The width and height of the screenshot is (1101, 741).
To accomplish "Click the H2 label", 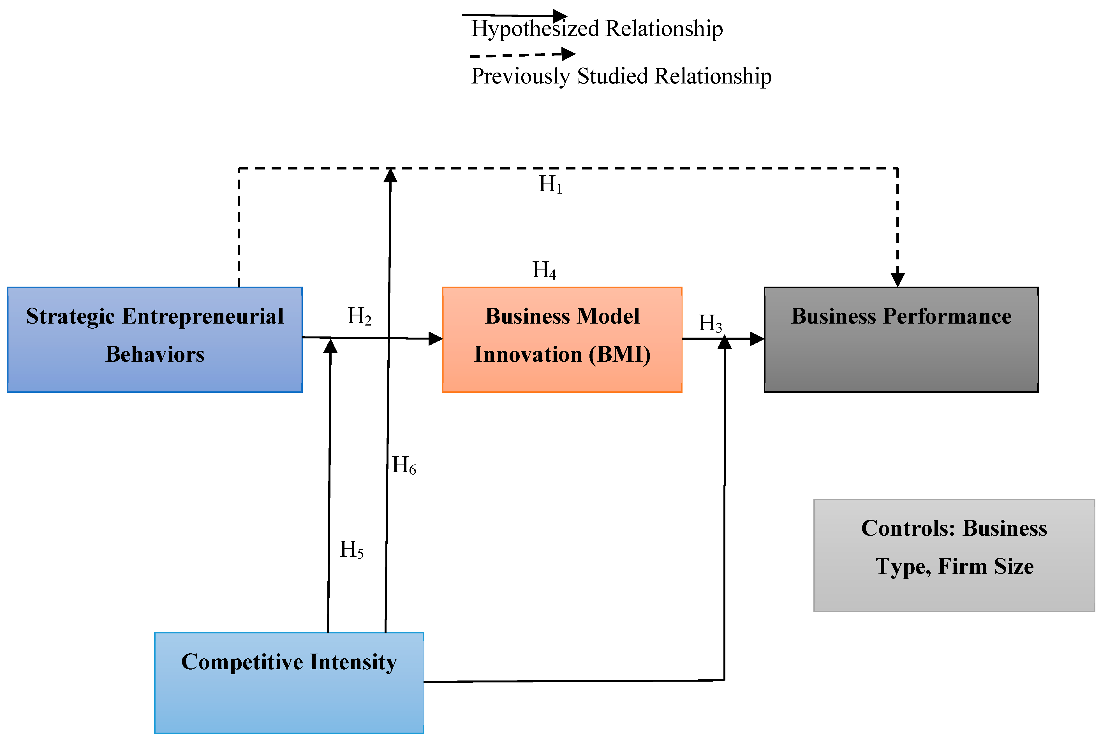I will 359,316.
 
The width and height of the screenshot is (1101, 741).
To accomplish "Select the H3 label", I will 710,323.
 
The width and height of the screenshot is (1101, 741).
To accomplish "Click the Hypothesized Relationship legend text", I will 596,28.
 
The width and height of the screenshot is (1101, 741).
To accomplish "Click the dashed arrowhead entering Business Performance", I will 897,280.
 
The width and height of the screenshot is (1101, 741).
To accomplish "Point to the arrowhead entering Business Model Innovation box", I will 435,338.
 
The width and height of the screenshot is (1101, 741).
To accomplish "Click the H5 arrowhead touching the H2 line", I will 330,346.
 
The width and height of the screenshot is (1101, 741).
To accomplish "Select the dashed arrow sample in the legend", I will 522,55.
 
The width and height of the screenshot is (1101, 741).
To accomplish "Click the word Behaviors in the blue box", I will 155,354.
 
